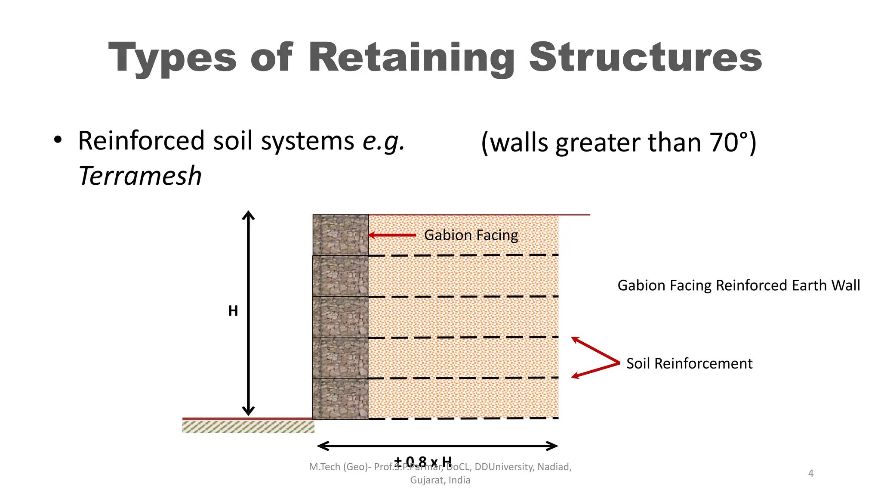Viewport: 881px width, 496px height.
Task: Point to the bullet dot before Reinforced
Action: tap(58, 140)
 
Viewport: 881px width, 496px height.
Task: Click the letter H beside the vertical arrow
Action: tap(233, 311)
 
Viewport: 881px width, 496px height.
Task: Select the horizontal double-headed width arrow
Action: tap(437, 446)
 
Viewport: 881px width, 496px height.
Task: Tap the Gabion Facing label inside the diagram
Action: tap(471, 235)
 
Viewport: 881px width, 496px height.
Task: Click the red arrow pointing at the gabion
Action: tap(392, 235)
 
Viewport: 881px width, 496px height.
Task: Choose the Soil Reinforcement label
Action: tap(689, 363)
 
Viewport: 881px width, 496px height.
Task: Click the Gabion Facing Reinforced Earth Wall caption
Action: tap(739, 285)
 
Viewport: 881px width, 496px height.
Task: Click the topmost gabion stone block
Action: tap(340, 235)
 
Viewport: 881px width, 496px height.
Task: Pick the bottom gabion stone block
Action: tap(340, 399)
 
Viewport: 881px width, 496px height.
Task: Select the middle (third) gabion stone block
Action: tap(340, 317)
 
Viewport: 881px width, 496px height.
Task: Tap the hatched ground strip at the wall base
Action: tap(248, 427)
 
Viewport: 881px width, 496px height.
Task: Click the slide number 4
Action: tap(811, 474)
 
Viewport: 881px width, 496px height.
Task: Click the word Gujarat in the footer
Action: tap(426, 480)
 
